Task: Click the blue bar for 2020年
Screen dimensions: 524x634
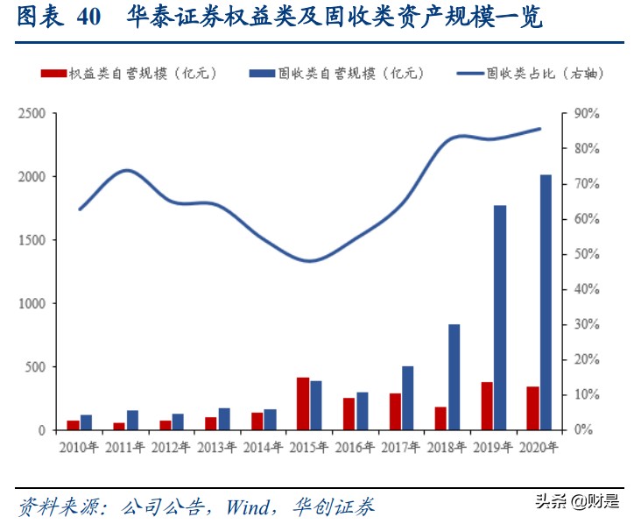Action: [546, 302]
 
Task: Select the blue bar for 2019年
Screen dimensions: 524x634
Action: [500, 317]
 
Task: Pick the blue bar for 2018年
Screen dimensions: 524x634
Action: [454, 377]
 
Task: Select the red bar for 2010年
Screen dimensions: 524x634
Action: [73, 425]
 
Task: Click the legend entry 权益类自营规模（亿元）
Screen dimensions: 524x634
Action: [128, 73]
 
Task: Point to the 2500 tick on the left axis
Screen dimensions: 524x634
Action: [32, 113]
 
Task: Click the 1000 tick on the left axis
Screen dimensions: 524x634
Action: [32, 303]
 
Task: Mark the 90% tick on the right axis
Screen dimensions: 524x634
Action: [586, 113]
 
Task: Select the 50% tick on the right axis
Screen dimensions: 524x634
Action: [586, 254]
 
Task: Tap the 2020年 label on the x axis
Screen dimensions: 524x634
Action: [538, 447]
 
